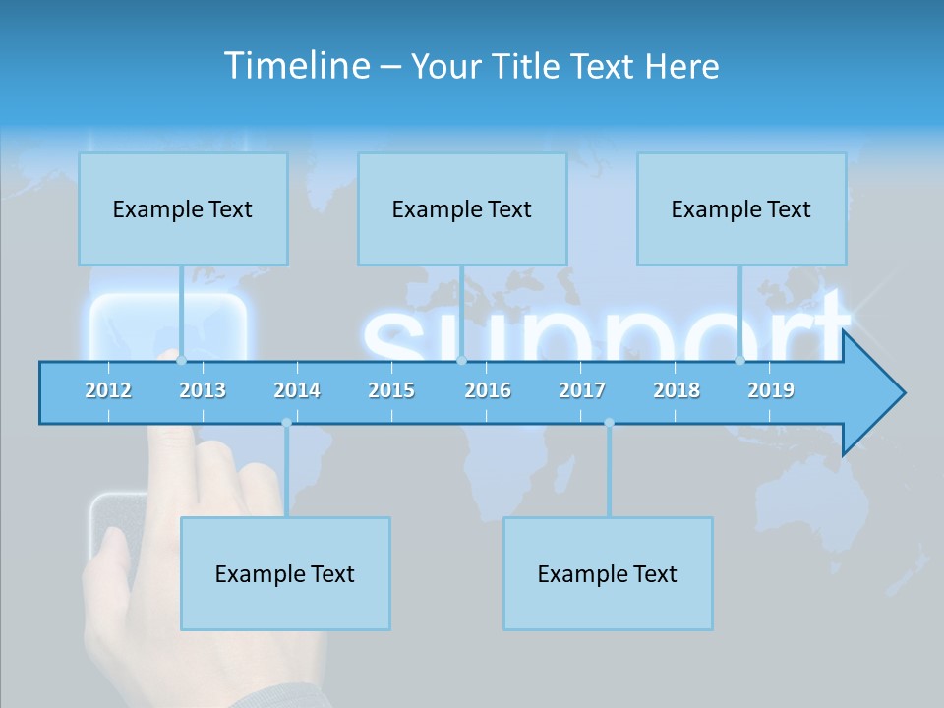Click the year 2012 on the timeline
pyautogui.click(x=108, y=390)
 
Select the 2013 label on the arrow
pyautogui.click(x=203, y=390)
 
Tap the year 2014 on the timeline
pyautogui.click(x=297, y=390)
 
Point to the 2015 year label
pyautogui.click(x=391, y=390)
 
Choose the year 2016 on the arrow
pyautogui.click(x=488, y=390)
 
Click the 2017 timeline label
pyautogui.click(x=582, y=390)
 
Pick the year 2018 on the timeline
pyautogui.click(x=677, y=390)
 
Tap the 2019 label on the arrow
pyautogui.click(x=771, y=390)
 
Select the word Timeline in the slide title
pyautogui.click(x=295, y=66)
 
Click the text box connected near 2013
pyautogui.click(x=183, y=208)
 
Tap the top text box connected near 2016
pyautogui.click(x=462, y=208)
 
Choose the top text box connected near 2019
pyautogui.click(x=741, y=208)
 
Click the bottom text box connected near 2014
pyautogui.click(x=285, y=573)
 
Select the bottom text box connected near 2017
pyautogui.click(x=608, y=573)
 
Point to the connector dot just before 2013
pyautogui.click(x=181, y=361)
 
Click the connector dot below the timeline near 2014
pyautogui.click(x=286, y=423)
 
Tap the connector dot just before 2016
pyautogui.click(x=461, y=361)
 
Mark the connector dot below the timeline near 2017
pyautogui.click(x=609, y=423)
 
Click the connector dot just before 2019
pyautogui.click(x=739, y=361)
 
